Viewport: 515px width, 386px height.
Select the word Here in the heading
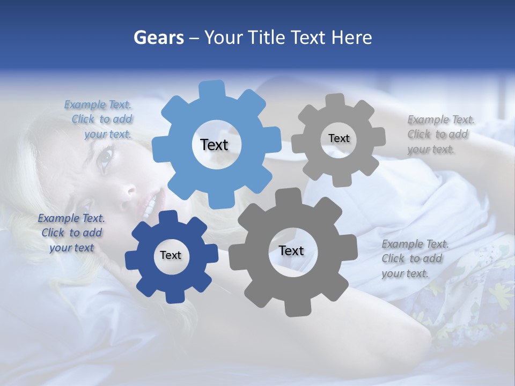coord(351,38)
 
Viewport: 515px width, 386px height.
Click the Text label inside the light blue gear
coord(214,145)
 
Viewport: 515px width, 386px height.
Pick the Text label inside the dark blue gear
coord(171,256)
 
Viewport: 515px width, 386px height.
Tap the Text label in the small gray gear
coord(339,138)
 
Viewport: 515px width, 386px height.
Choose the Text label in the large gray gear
coord(291,251)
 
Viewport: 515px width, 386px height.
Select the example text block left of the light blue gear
coord(99,120)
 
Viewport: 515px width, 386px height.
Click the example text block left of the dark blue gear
coord(71,233)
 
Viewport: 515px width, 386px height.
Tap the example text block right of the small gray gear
coord(440,135)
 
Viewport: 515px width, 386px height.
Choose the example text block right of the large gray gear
coord(414,259)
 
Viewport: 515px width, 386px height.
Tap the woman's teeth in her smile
coord(151,204)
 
